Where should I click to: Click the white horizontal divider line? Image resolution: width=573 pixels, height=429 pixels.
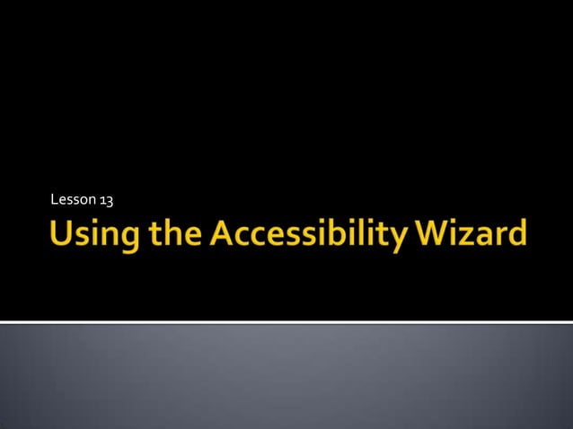(x=286, y=320)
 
